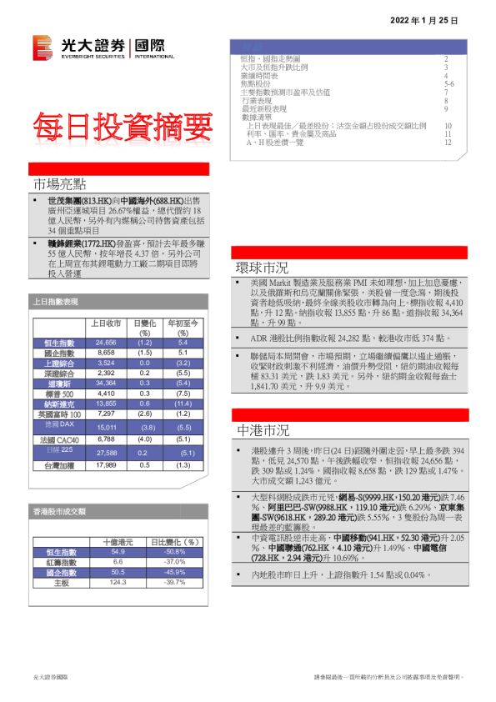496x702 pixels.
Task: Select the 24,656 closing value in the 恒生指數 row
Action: point(106,343)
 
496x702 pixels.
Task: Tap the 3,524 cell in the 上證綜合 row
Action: point(106,363)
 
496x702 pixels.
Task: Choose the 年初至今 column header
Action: point(182,323)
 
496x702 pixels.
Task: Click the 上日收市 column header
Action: point(107,323)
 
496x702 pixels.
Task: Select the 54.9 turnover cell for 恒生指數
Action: point(118,552)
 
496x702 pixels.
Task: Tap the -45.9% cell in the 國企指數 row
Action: point(173,572)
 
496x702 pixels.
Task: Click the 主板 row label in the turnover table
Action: point(61,582)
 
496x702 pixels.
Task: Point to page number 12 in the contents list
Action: point(448,143)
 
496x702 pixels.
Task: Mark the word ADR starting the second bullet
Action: point(258,338)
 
